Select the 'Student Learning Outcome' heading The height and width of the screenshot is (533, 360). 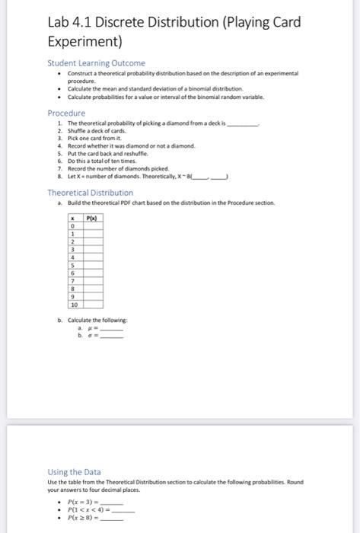[x=96, y=62]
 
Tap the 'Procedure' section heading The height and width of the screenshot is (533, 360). [x=67, y=112]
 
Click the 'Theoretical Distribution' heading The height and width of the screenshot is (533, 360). [x=90, y=193]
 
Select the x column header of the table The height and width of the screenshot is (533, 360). [x=72, y=218]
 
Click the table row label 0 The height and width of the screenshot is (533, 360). [x=72, y=226]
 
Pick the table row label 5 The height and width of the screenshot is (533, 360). [x=72, y=266]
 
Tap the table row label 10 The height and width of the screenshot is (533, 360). [x=72, y=305]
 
